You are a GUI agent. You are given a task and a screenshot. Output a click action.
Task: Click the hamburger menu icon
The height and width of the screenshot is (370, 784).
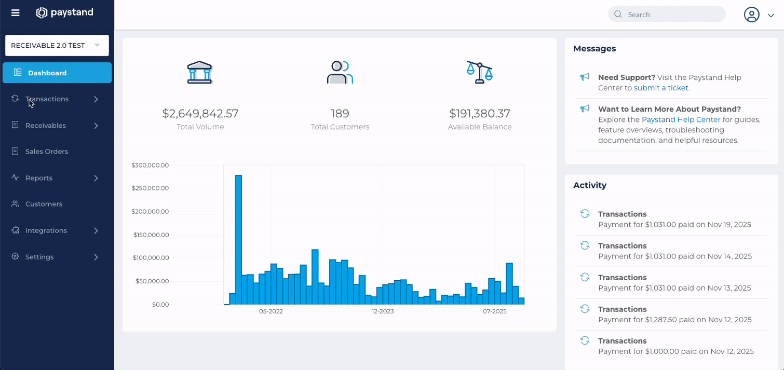pos(16,13)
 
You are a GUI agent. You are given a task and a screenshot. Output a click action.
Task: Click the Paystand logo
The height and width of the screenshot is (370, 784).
pos(65,12)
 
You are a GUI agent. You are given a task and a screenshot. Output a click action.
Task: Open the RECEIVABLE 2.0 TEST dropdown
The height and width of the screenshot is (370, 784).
pos(57,46)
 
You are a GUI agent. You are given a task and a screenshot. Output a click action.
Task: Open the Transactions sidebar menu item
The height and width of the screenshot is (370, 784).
pos(47,99)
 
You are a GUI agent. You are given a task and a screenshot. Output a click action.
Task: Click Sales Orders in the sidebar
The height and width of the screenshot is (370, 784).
pos(47,152)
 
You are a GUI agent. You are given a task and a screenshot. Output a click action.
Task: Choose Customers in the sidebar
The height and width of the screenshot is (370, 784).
pos(44,204)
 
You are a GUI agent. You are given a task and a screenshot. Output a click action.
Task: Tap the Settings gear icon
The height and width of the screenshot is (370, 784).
pos(15,256)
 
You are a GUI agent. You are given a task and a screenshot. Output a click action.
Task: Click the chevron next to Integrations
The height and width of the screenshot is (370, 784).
pos(96,230)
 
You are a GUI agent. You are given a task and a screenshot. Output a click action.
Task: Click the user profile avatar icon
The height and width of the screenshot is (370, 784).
pos(751,15)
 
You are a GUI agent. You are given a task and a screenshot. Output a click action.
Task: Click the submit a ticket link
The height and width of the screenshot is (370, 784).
pos(661,88)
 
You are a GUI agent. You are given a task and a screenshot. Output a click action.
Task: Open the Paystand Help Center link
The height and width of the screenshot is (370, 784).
pos(681,119)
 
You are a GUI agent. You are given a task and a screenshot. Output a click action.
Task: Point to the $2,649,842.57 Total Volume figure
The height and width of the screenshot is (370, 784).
pos(200,113)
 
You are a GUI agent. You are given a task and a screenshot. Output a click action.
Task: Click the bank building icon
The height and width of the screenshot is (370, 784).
pos(200,73)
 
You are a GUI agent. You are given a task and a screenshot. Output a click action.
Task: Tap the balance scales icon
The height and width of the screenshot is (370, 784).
pos(480,72)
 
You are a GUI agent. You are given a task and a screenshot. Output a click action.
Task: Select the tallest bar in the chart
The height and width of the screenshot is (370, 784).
pos(238,240)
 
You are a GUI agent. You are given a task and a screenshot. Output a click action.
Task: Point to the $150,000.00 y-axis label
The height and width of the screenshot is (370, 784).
pos(151,235)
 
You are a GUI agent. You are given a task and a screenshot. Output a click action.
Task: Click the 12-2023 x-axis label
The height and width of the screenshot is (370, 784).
pos(383,311)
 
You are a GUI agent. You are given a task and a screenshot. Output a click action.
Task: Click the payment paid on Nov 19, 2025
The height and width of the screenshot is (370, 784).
pos(674,225)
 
